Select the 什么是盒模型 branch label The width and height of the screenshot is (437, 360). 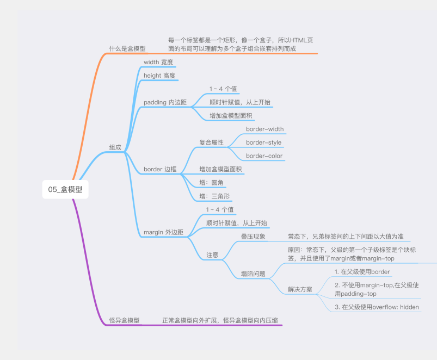(127, 48)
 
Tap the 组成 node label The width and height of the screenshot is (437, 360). (115, 147)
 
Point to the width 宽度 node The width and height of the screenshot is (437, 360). (158, 62)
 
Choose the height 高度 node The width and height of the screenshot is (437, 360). (159, 76)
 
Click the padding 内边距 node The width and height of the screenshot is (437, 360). (165, 102)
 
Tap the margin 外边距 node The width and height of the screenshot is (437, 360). (163, 232)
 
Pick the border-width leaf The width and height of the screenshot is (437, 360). (264, 129)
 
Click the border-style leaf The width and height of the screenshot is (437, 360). (263, 142)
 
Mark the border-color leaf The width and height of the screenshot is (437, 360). (264, 156)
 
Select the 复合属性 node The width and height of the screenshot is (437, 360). (212, 142)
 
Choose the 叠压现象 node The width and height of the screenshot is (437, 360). (253, 237)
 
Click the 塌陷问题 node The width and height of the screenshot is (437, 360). (253, 274)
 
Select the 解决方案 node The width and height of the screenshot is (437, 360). (300, 289)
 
